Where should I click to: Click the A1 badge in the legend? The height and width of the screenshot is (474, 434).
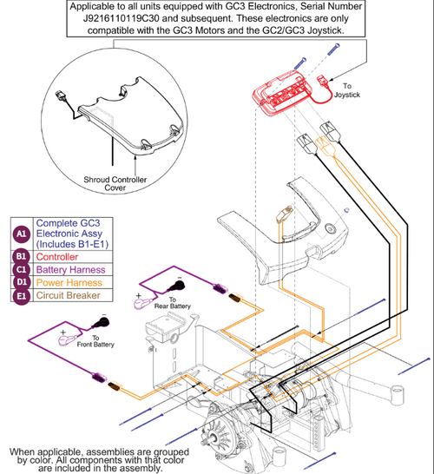(x=22, y=234)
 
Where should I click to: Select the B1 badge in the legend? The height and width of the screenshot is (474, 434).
(x=21, y=257)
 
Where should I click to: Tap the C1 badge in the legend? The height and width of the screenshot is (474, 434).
(x=21, y=269)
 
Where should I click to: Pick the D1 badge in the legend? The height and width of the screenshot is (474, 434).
(x=21, y=282)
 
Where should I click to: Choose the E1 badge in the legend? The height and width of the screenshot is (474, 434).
(x=21, y=295)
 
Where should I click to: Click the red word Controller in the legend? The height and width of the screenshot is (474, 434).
(x=57, y=257)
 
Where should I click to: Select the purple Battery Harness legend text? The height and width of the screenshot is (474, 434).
(x=70, y=270)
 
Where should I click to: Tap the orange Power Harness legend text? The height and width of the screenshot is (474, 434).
(x=69, y=283)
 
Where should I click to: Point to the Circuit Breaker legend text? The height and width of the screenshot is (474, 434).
(x=68, y=295)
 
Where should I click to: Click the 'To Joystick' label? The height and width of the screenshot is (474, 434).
(x=347, y=90)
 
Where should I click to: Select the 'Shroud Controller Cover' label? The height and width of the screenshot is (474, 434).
(x=115, y=183)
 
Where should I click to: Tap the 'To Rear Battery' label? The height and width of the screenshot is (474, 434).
(x=173, y=303)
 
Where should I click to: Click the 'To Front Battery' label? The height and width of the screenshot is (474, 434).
(x=95, y=341)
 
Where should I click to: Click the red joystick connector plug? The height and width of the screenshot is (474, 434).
(x=321, y=82)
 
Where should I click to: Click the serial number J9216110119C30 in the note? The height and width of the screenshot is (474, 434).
(x=121, y=18)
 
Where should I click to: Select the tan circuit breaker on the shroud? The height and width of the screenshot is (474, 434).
(x=284, y=214)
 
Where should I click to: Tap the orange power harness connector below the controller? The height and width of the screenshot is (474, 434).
(x=324, y=145)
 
